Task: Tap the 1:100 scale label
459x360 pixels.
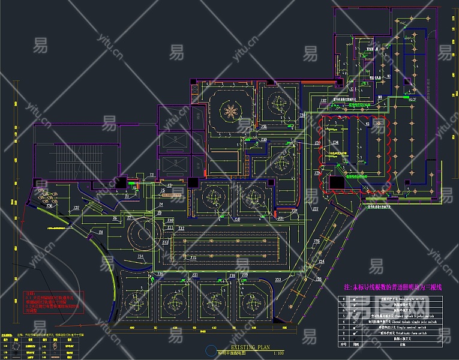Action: click(x=278, y=353)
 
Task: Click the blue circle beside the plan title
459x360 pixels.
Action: click(x=209, y=350)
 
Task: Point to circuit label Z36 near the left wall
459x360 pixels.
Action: click(x=49, y=206)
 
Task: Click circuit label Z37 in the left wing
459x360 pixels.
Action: click(x=76, y=208)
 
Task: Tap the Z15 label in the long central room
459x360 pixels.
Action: click(x=193, y=257)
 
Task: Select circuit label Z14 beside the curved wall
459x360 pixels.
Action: click(x=141, y=256)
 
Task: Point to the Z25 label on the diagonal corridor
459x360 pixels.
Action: click(x=316, y=241)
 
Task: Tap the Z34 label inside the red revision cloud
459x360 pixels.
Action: click(x=336, y=142)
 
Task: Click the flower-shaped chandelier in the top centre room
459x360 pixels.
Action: click(x=230, y=109)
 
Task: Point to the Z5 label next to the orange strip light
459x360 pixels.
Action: click(x=163, y=190)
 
